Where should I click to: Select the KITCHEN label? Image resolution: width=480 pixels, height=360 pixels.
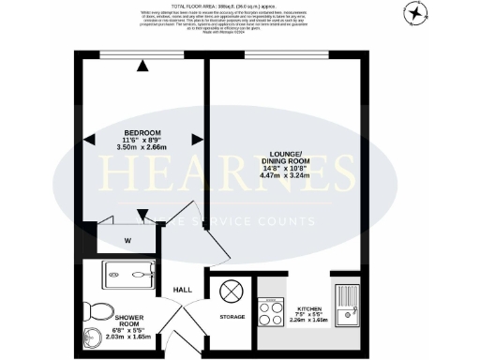point(310,308)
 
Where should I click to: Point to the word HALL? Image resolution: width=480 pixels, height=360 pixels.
point(183,289)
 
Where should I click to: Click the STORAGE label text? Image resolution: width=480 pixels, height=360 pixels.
point(232,317)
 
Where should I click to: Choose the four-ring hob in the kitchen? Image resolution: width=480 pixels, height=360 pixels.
point(272,308)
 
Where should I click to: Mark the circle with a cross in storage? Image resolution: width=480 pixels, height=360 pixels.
point(231,292)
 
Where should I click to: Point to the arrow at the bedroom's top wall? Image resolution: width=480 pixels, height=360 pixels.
point(142,65)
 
